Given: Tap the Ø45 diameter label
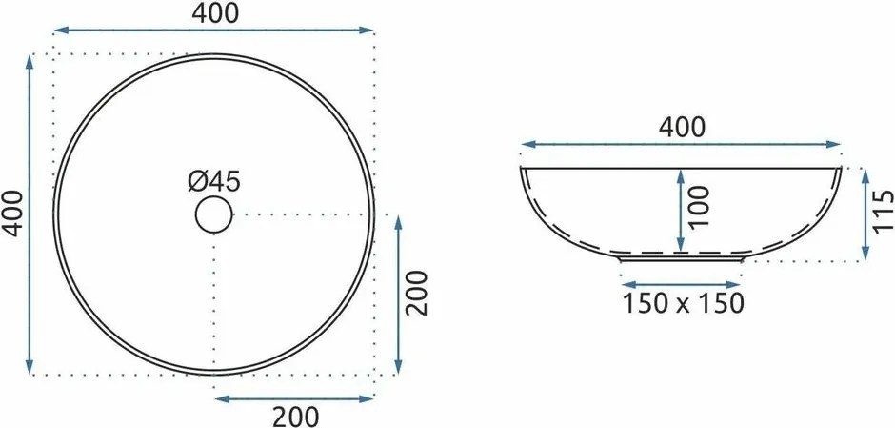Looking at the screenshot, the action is pos(214,182).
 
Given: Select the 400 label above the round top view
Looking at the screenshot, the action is pos(214,13).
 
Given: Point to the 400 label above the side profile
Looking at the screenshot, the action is pos(682,128).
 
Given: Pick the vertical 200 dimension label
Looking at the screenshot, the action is pos(416,293).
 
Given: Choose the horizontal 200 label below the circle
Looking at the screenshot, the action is pos(295,417).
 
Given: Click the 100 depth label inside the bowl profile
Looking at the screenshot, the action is pos(699,206).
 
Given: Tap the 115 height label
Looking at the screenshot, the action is pos(883,210).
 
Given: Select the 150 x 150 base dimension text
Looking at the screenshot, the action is pos(683,303).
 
